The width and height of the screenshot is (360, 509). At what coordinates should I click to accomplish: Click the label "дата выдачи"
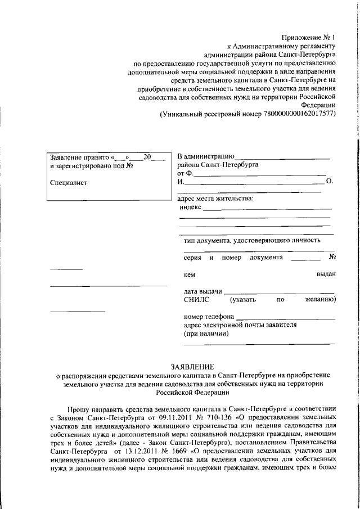[202, 292]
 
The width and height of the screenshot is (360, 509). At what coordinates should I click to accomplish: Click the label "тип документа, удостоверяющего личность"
[252, 240]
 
